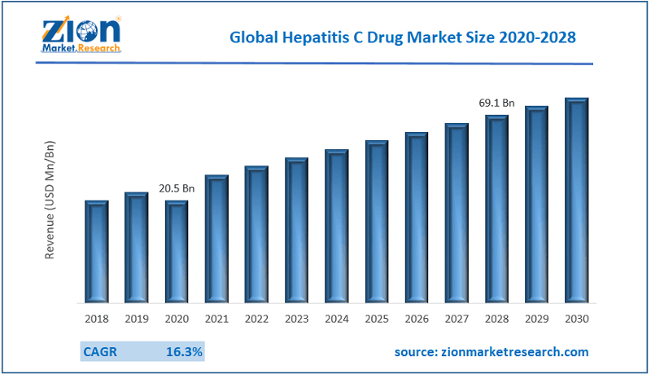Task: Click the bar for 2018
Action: (97, 251)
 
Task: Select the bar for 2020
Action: (177, 251)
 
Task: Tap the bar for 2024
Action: (337, 226)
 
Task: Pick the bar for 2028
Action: (496, 209)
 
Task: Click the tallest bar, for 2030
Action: (576, 200)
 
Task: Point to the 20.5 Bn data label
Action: (177, 188)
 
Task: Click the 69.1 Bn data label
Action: (496, 104)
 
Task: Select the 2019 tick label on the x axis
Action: (137, 318)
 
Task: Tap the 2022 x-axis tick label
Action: (256, 318)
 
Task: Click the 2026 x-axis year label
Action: (417, 318)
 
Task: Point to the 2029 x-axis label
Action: (536, 318)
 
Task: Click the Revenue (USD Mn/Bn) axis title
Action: (50, 200)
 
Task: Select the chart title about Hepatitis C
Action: (404, 37)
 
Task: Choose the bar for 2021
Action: (216, 238)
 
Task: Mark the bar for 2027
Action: (457, 213)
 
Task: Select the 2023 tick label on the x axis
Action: (296, 318)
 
